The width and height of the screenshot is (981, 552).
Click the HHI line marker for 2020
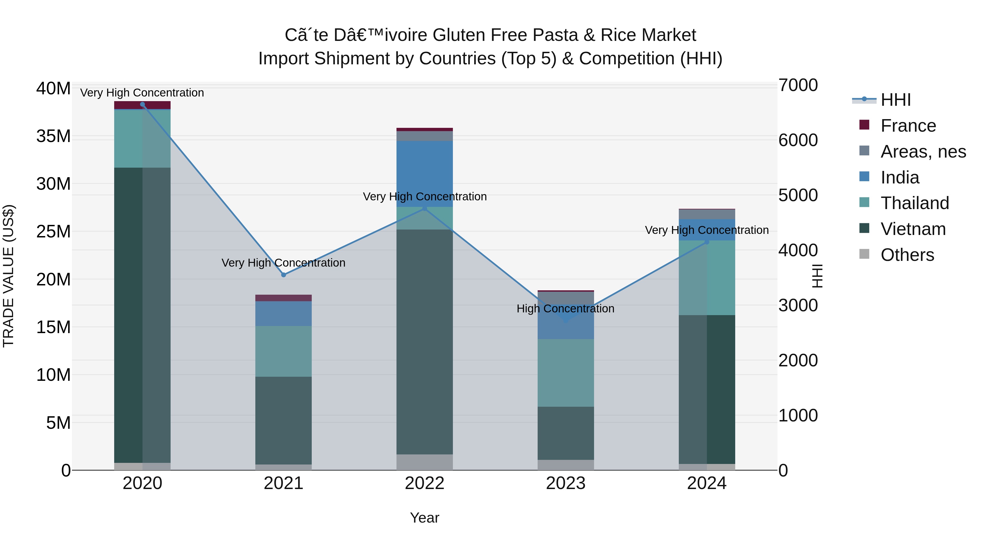[143, 104]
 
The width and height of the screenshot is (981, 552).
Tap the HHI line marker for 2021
[283, 275]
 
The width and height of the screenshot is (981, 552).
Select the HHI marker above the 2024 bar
[707, 242]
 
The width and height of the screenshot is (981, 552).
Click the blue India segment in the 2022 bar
[425, 174]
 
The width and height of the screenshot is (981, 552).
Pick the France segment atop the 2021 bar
[283, 298]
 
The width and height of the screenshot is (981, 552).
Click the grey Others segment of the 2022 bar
[425, 462]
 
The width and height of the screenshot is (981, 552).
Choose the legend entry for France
[908, 126]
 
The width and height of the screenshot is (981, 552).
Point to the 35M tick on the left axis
[53, 136]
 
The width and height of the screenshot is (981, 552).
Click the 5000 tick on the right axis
[798, 195]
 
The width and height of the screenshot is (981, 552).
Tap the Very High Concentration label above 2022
[425, 197]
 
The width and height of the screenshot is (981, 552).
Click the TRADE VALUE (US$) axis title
[8, 276]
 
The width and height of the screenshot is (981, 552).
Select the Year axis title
[425, 518]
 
